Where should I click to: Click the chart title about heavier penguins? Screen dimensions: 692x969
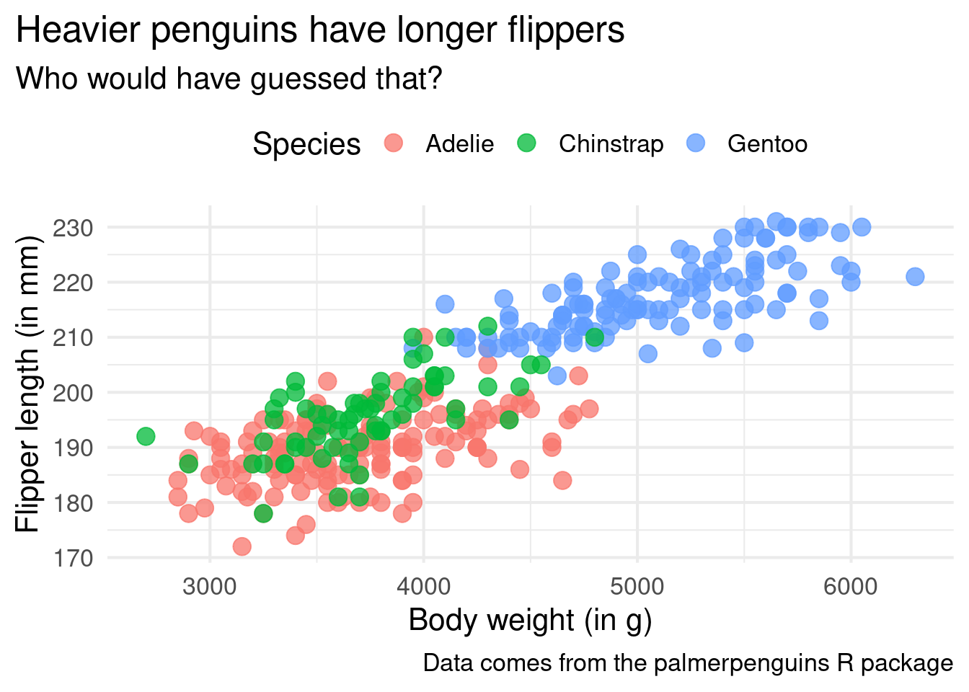point(319,31)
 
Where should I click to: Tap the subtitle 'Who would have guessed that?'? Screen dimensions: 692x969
point(229,79)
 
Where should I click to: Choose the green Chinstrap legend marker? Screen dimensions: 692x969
point(527,143)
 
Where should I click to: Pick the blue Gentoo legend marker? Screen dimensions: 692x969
point(696,143)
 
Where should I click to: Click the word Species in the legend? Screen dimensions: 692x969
point(306,144)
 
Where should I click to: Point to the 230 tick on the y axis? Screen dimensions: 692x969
point(73,228)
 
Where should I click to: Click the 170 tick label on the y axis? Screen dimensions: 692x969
point(73,558)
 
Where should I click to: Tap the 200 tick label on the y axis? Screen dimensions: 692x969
point(73,393)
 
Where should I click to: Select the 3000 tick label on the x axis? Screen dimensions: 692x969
point(210,586)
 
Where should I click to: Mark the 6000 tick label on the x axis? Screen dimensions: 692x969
point(851,586)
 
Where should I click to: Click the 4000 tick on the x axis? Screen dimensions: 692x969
point(423,586)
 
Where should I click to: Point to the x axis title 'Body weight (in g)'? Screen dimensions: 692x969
point(530,620)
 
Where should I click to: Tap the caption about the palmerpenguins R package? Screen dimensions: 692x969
point(688,663)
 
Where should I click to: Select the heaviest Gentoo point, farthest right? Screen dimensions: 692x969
point(915,277)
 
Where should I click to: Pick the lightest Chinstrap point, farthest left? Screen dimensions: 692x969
point(146,436)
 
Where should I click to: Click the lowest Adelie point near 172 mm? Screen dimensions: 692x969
point(242,546)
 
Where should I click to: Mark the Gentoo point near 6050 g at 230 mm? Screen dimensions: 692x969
point(862,227)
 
